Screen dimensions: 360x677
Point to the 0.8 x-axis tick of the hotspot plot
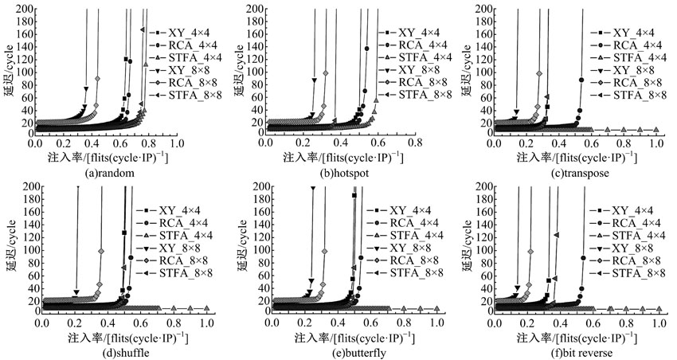coord(415,142)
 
